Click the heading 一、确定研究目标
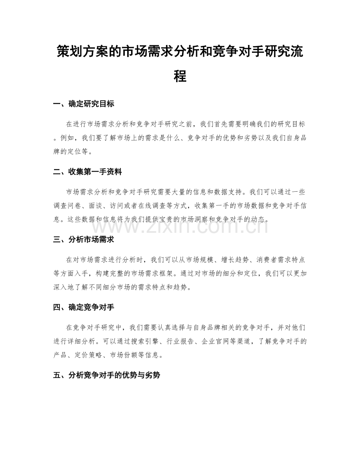84,104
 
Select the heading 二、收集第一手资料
88,171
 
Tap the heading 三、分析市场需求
84,239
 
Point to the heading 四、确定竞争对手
84,307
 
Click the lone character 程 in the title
180,76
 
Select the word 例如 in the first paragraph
70,138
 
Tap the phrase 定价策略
98,355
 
